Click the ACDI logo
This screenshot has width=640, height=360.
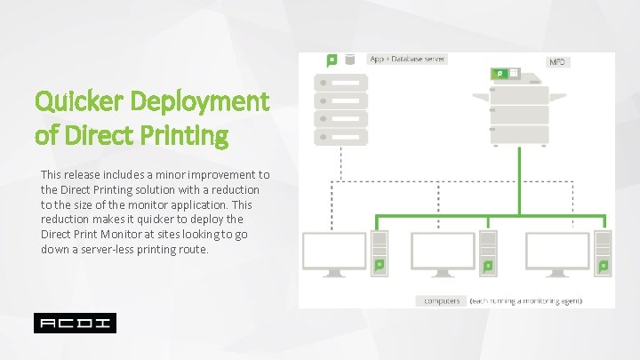click(x=75, y=323)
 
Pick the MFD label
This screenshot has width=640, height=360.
click(x=557, y=63)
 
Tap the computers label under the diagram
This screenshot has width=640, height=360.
click(x=441, y=300)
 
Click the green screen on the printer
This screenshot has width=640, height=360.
click(x=501, y=73)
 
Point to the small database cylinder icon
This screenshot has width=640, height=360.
click(x=350, y=60)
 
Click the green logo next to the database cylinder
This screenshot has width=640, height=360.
click(x=332, y=60)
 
